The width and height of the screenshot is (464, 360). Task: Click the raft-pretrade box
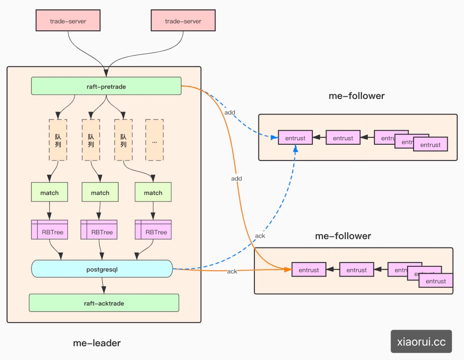click(106, 86)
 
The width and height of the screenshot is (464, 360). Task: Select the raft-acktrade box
click(104, 303)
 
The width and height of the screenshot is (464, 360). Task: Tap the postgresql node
click(101, 269)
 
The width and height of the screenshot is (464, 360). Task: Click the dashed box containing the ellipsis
click(154, 140)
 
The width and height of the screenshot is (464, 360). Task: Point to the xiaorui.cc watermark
click(421, 341)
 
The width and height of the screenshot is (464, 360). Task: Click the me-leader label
click(97, 343)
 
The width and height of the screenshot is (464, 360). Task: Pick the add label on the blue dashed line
click(230, 112)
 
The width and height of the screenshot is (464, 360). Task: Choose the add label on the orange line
click(236, 178)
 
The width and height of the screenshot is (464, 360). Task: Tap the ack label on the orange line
click(232, 272)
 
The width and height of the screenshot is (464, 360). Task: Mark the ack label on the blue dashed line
click(260, 236)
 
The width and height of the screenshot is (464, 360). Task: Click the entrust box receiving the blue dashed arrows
click(295, 138)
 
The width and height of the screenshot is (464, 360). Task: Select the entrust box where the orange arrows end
click(309, 270)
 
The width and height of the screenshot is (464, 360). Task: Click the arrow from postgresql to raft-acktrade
click(103, 286)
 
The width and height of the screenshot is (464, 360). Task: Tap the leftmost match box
click(49, 192)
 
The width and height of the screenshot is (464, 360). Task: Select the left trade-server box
click(68, 21)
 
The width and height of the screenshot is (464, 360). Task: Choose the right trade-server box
click(183, 21)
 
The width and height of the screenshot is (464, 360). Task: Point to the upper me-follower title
click(357, 96)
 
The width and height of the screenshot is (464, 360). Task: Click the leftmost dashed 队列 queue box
click(58, 140)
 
